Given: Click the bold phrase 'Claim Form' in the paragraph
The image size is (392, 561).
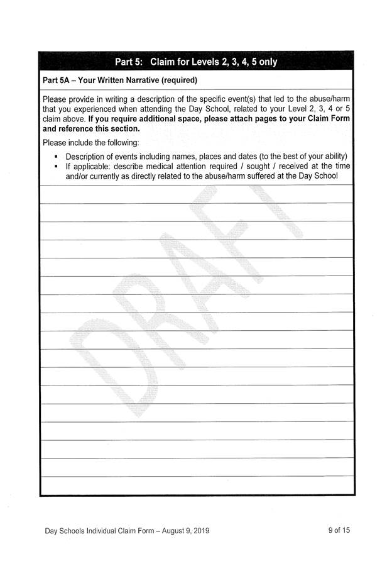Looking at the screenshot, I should click(327, 119).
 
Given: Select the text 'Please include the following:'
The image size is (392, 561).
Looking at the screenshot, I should click(90, 143).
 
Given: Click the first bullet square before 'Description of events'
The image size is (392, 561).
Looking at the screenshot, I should click(57, 156).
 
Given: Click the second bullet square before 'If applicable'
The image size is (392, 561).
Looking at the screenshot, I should click(57, 166).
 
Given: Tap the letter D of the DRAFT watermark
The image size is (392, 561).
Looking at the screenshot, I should click(110, 365).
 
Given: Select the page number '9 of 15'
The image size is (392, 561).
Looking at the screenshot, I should click(339, 530).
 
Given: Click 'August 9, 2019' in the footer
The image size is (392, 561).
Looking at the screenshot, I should click(182, 531).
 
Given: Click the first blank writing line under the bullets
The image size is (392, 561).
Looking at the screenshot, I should click(196, 195).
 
